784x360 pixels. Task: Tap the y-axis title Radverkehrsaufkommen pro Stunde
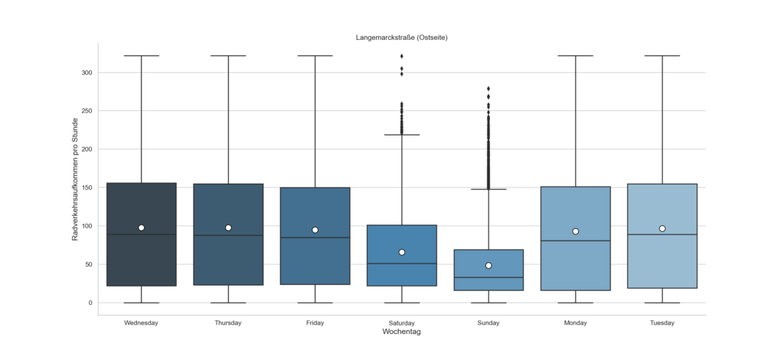point(76,179)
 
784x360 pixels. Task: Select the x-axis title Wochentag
point(402,332)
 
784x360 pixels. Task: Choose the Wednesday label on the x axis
point(141,322)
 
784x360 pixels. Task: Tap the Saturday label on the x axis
point(402,322)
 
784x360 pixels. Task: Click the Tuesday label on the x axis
point(662,322)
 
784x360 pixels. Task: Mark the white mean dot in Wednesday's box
point(142,227)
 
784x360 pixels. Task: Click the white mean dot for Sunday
point(488,266)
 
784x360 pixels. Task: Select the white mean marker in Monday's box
point(576,231)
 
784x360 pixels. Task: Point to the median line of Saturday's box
point(402,263)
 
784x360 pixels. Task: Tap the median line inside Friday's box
point(315,237)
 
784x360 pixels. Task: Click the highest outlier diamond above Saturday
point(402,56)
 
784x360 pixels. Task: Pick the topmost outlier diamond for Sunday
point(488,89)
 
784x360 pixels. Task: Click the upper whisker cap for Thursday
point(228,56)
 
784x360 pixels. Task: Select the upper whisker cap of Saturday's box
point(402,135)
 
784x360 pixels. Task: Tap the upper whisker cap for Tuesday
point(662,56)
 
